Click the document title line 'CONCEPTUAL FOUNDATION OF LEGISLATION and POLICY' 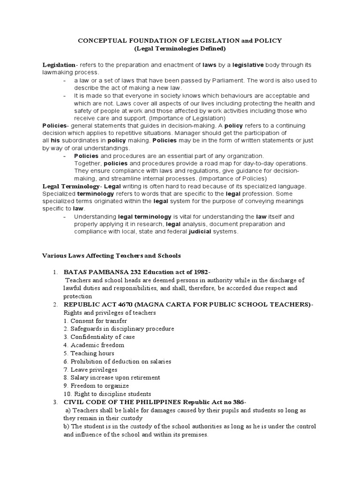(x=180, y=40)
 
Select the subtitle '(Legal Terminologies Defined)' (x=180, y=48)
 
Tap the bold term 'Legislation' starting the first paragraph (x=59, y=64)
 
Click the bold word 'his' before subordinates (x=55, y=141)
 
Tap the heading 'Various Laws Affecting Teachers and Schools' (x=112, y=255)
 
